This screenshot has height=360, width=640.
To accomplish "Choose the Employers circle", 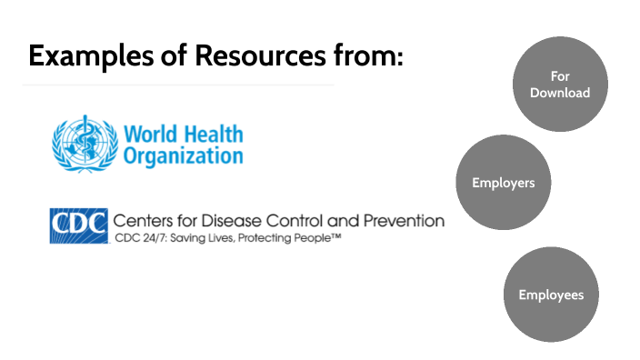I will pyautogui.click(x=503, y=183).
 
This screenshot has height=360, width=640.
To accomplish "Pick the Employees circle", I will pyautogui.click(x=551, y=295).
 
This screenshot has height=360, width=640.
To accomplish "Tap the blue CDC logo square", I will pyautogui.click(x=79, y=225).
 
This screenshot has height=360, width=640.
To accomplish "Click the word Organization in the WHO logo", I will pyautogui.click(x=183, y=155).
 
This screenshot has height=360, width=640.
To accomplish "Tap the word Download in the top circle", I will pyautogui.click(x=560, y=93).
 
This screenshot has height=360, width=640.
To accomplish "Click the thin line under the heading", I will pyautogui.click(x=177, y=85).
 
